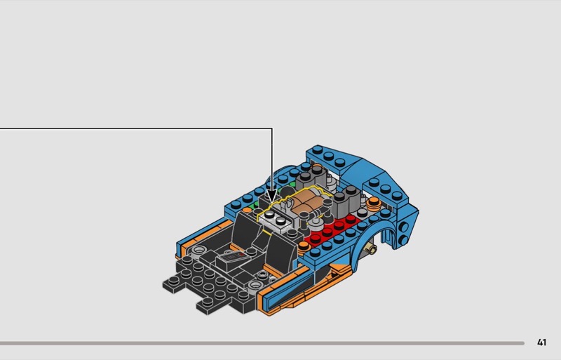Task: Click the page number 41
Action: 541,342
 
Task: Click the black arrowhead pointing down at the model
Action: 272,196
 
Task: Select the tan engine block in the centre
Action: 305,202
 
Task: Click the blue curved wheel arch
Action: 382,229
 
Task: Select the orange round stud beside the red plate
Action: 304,246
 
